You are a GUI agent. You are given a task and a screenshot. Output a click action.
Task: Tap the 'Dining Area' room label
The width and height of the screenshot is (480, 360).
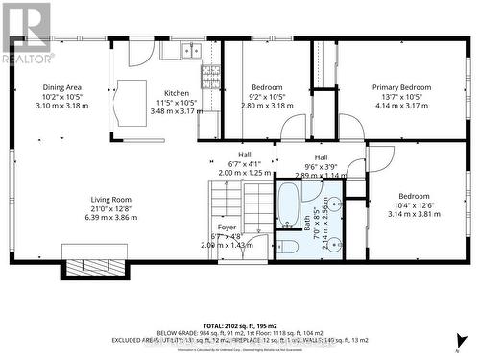61,88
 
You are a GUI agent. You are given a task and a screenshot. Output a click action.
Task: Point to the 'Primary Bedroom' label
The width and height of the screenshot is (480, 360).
401,88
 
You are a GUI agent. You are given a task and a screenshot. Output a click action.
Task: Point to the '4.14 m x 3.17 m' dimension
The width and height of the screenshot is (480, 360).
401,107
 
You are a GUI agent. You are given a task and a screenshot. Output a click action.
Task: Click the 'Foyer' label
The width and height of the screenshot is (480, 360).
227,227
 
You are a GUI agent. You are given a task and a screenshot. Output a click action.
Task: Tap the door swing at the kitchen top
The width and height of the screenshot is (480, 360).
139,53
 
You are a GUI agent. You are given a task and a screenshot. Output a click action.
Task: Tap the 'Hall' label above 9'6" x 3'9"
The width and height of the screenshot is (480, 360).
321,157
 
